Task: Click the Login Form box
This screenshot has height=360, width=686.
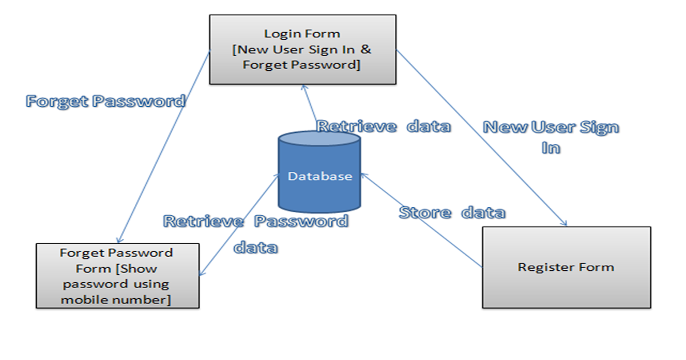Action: tap(302, 50)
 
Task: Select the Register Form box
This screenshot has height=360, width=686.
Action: tap(566, 267)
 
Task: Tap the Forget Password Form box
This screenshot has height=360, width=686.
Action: tap(117, 276)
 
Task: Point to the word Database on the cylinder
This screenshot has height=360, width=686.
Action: tap(320, 177)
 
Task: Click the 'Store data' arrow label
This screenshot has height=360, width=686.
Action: tap(452, 213)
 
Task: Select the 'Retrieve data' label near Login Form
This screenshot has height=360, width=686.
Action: tap(384, 126)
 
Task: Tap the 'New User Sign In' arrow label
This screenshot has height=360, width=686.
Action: tap(551, 137)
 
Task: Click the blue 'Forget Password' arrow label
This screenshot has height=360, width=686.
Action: tap(106, 102)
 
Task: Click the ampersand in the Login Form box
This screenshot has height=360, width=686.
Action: tap(366, 50)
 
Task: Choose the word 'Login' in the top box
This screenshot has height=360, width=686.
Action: tap(280, 34)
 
